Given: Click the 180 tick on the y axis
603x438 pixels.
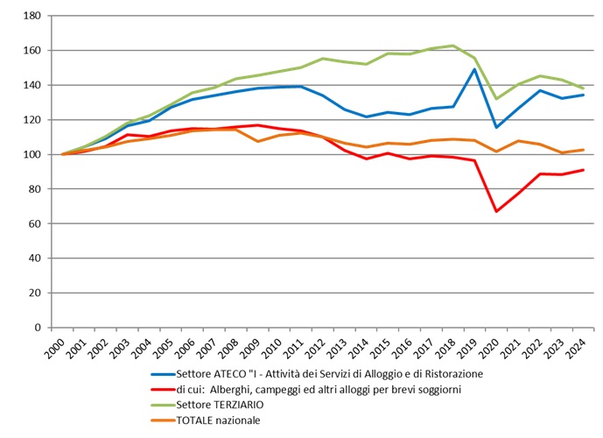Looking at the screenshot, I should tap(31, 16).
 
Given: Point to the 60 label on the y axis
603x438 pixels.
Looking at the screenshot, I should tap(34, 223).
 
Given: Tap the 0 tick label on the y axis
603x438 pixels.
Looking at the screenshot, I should tap(37, 328).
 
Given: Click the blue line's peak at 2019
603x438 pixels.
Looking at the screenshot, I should tap(474, 69).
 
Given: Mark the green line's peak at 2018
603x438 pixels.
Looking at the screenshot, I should tap(452, 46).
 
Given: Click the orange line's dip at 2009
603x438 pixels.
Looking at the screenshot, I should tap(257, 141).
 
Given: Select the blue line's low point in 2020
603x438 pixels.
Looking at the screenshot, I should tap(496, 127).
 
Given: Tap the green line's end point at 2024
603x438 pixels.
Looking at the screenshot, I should tap(583, 88).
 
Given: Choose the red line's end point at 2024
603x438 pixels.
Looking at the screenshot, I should tap(583, 170).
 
